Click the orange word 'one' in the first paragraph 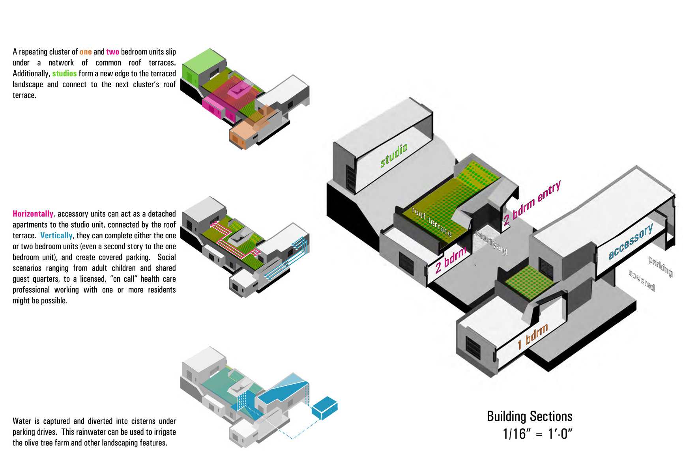click(x=86, y=52)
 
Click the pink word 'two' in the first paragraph click(x=112, y=52)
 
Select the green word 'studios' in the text click(x=64, y=73)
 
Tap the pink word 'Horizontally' click(x=33, y=214)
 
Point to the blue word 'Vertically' click(x=56, y=235)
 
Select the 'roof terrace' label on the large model click(x=432, y=222)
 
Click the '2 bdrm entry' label click(x=532, y=203)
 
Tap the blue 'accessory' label click(x=631, y=241)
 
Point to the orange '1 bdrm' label click(x=533, y=336)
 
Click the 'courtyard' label click(x=491, y=242)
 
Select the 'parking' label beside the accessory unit click(x=660, y=266)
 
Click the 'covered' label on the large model click(x=642, y=280)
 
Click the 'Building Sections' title click(x=529, y=416)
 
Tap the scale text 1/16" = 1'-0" click(x=537, y=434)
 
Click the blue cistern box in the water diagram click(x=324, y=408)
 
